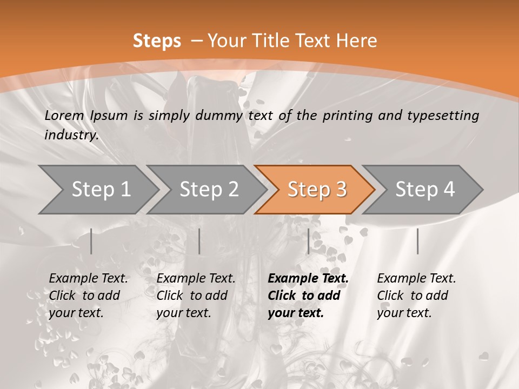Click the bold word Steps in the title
pos(157,41)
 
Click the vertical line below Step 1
pos(91,241)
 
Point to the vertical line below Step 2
pos(199,241)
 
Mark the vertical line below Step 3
pos(308,241)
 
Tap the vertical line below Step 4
pos(417,241)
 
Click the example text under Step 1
pos(88,296)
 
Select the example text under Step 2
pos(196,296)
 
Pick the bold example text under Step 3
pos(308,296)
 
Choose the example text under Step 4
pos(416,296)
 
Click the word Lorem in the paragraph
pos(64,115)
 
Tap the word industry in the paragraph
pos(71,135)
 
